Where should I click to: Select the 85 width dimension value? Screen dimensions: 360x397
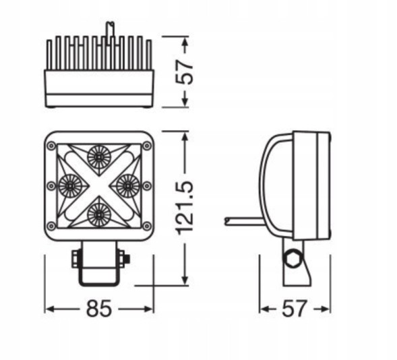[99, 309]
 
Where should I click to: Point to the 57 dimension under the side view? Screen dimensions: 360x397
[294, 309]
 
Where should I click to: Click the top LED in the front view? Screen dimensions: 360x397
[98, 156]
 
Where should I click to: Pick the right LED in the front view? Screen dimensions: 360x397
[127, 183]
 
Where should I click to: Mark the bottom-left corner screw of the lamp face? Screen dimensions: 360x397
[51, 225]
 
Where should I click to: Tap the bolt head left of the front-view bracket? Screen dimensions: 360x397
[75, 258]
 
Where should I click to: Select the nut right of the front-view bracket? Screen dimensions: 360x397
[124, 258]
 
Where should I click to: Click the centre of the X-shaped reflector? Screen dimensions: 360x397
[98, 185]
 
